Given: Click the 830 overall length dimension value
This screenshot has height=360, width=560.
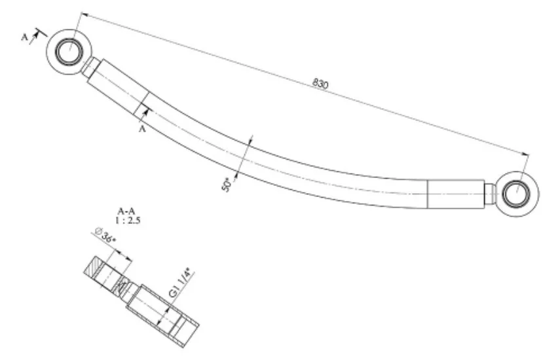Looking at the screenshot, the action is tap(320, 83).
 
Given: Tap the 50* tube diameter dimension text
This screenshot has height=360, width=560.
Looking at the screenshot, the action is tap(227, 184).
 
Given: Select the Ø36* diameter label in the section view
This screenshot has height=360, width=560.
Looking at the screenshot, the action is tap(105, 236).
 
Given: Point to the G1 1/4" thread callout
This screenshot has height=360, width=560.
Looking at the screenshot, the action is tap(182, 285).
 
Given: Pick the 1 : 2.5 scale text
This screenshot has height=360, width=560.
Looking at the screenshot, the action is tap(128, 220).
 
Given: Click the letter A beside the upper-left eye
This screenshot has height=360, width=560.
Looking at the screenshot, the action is tap(25, 37).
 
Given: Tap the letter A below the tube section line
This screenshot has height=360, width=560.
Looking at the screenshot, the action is tap(142, 129).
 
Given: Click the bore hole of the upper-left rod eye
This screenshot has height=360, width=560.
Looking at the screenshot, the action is tap(69, 51).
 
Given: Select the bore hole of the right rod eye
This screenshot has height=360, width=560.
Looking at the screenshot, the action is tap(516, 194).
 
